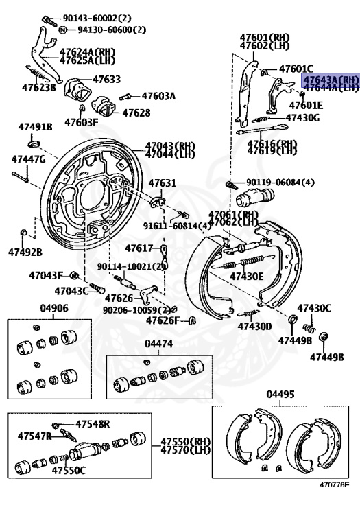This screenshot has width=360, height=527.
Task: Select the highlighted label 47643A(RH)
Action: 331,80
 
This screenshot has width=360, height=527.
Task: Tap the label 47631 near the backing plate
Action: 163,183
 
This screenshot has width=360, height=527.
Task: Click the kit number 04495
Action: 280,394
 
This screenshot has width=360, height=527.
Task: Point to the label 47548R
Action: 93,424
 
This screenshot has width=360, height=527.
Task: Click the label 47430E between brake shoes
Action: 246,276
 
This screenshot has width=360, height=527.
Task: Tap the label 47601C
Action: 296,69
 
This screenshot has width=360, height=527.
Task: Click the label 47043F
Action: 45,275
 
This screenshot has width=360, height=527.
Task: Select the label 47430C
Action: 313,308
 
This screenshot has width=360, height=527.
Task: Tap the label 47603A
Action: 158,96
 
